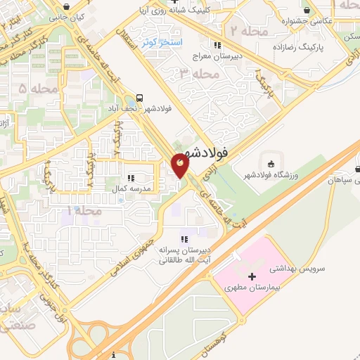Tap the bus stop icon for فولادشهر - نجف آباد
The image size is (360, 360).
tap(140, 98)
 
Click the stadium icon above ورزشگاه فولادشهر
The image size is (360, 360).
tap(272, 163)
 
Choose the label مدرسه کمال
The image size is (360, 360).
tap(127, 189)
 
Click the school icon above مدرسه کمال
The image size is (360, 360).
tap(131, 178)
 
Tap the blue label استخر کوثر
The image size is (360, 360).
tap(161, 43)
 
